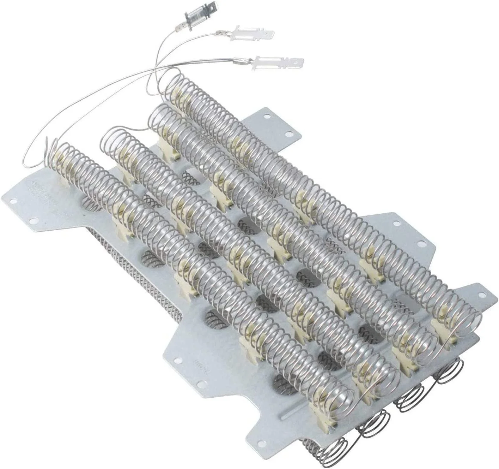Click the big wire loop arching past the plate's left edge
point(39,141)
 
